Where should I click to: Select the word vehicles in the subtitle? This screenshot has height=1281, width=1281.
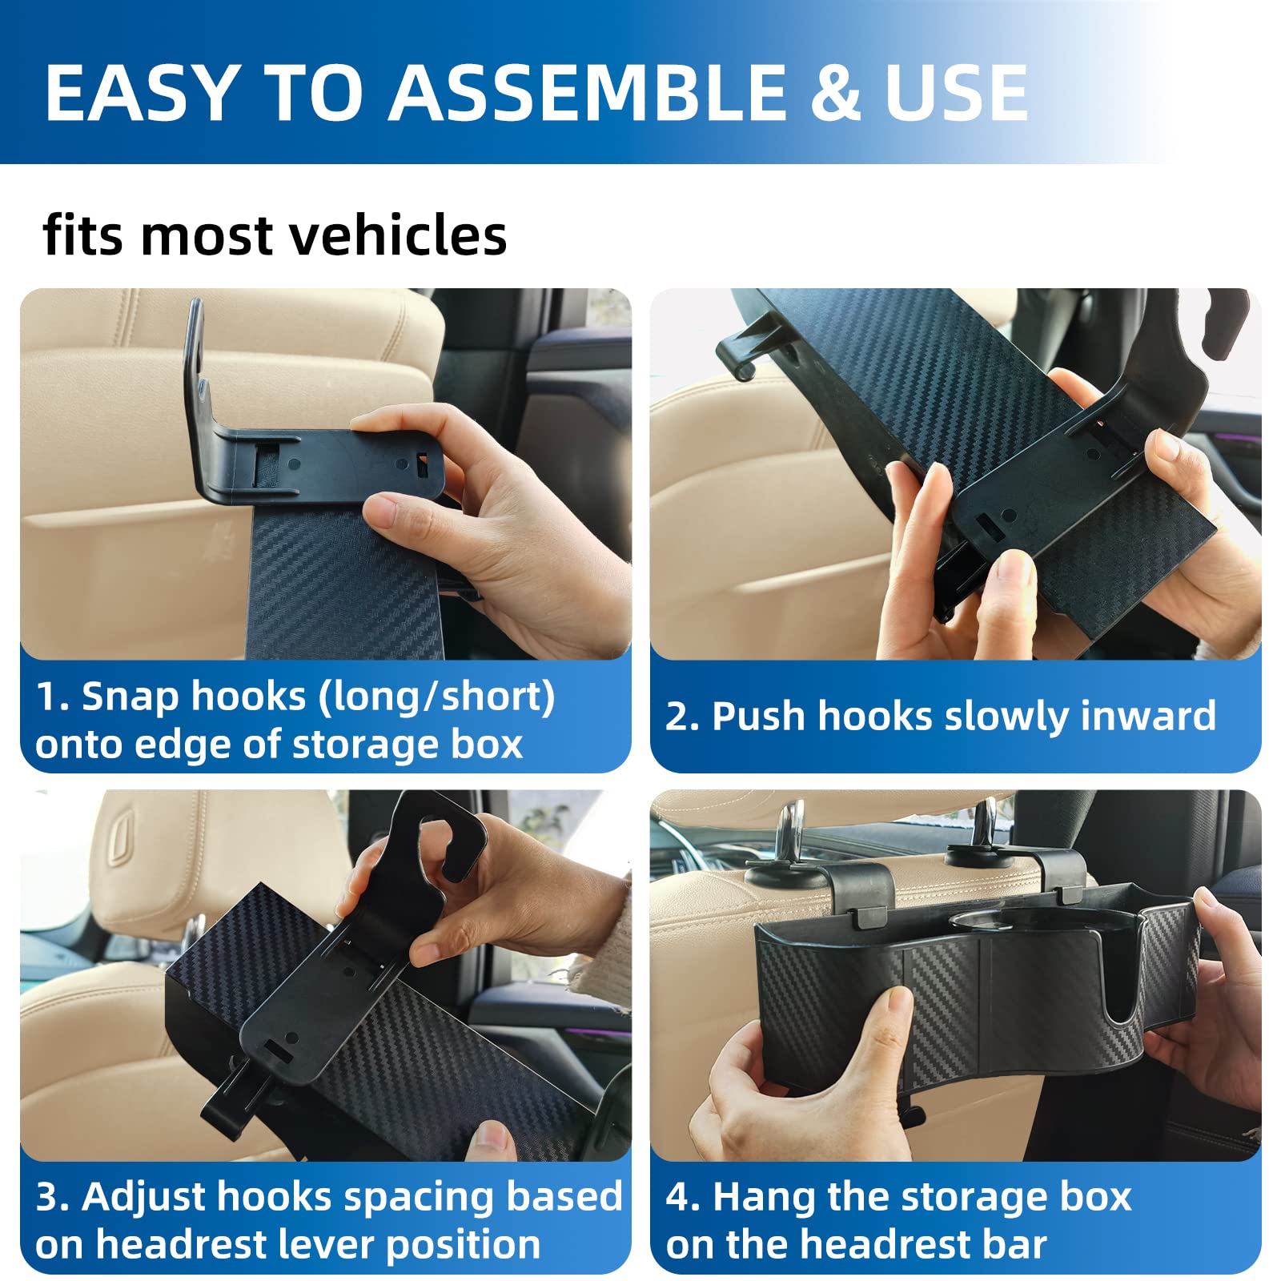tap(397, 235)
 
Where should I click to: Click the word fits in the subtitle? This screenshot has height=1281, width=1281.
tap(83, 235)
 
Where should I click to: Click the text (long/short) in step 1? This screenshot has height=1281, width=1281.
tap(436, 697)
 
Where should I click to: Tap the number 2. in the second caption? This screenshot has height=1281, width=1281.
tap(682, 716)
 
